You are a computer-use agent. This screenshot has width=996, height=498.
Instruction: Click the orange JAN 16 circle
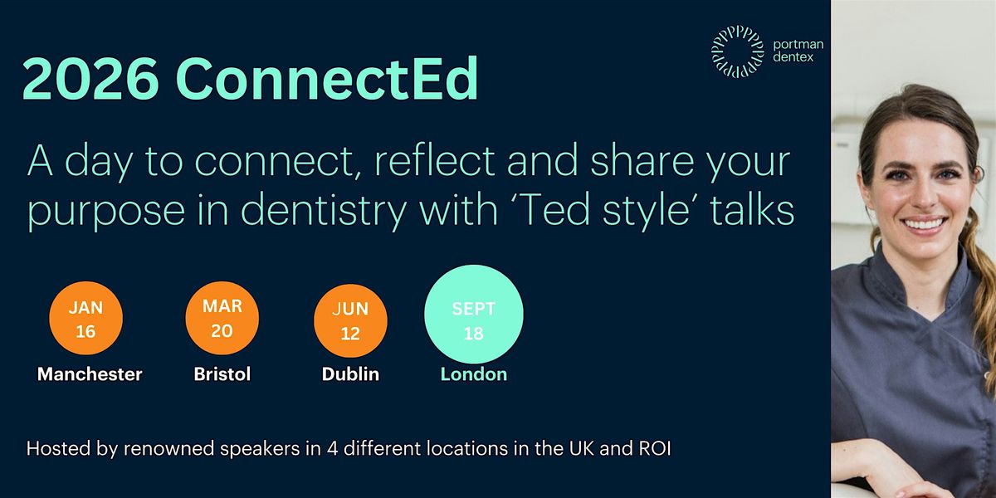(85, 320)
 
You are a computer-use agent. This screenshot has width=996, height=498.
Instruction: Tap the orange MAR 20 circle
(222, 320)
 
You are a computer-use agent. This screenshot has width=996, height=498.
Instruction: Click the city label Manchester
(90, 374)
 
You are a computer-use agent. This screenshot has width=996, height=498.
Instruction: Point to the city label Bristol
(222, 374)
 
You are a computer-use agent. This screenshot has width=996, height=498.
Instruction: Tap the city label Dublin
(350, 374)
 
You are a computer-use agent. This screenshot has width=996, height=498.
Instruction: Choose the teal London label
(473, 374)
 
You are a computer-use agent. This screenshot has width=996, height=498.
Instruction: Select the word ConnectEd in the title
(328, 81)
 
